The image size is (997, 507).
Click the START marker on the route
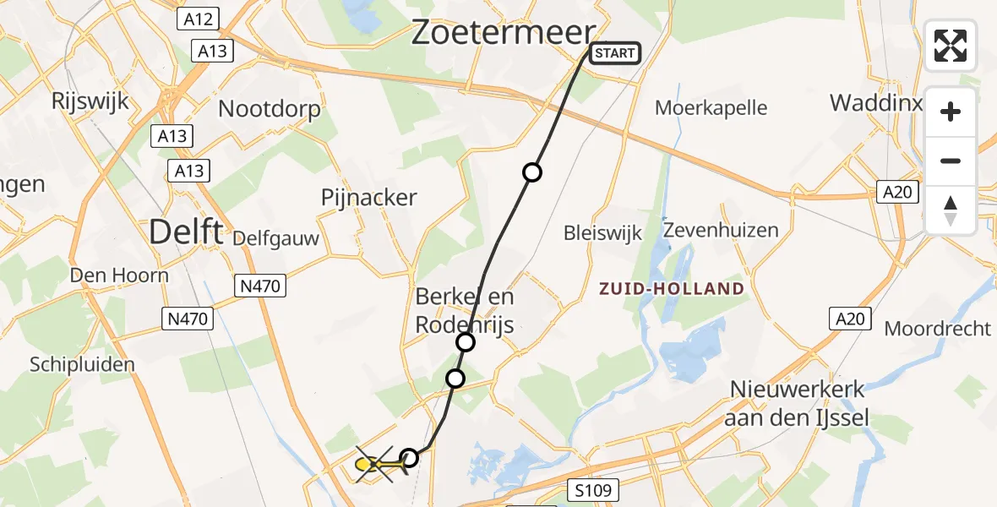click(613, 53)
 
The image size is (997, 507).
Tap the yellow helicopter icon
click(374, 463)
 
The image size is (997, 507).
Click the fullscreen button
click(951, 46)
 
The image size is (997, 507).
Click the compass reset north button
click(951, 210)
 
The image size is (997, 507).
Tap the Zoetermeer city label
click(504, 33)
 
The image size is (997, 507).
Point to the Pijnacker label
click(369, 198)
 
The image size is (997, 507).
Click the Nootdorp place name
click(270, 109)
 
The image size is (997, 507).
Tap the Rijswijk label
click(90, 101)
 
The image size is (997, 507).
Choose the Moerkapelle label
click(711, 108)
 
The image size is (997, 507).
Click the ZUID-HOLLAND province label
click(672, 289)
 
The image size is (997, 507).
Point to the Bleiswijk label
click(603, 233)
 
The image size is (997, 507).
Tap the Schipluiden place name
click(82, 364)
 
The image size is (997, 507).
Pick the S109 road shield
click(593, 489)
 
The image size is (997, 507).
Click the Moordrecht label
click(937, 329)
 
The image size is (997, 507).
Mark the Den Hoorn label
click(119, 275)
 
